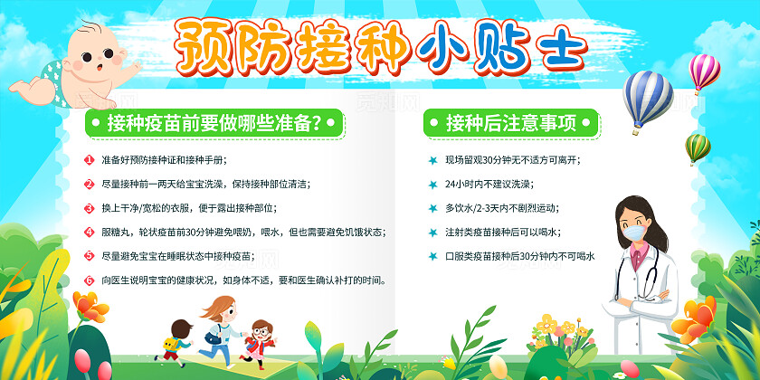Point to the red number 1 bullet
click(x=89, y=160)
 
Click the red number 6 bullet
click(x=89, y=280)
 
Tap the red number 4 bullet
click(x=89, y=232)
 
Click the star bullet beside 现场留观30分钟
click(x=432, y=160)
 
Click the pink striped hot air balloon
click(x=704, y=71)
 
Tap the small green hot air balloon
click(x=697, y=147)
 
